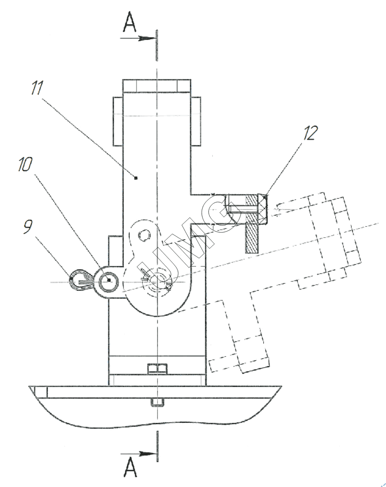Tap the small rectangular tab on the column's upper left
[117, 121]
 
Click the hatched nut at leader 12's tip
[263, 210]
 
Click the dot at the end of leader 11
[136, 178]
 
